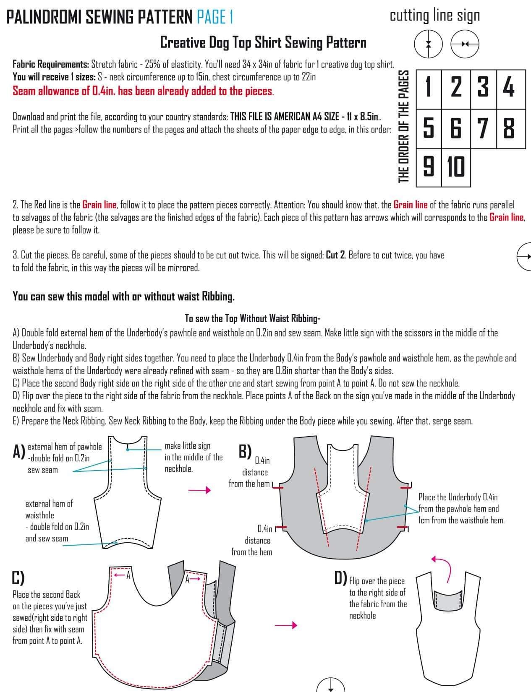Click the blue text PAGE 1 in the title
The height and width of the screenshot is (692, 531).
(215, 17)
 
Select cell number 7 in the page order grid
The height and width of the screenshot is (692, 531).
(484, 129)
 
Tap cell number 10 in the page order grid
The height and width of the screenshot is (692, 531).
(456, 167)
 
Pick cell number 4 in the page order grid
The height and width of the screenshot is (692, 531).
(511, 89)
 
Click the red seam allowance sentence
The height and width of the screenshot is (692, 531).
(143, 91)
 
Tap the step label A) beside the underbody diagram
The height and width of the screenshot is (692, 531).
(18, 452)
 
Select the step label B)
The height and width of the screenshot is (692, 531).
(245, 451)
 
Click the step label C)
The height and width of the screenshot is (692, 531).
(18, 578)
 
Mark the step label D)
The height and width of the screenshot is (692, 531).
(340, 578)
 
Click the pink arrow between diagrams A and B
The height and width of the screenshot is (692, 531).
(199, 490)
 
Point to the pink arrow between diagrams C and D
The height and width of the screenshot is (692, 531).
(286, 625)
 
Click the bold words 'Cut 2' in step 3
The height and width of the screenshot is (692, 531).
(335, 255)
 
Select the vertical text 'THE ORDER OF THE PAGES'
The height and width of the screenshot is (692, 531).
(403, 127)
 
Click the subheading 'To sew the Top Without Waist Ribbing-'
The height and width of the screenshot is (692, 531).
(252, 318)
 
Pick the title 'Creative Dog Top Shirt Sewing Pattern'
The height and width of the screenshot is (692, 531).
(263, 43)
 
